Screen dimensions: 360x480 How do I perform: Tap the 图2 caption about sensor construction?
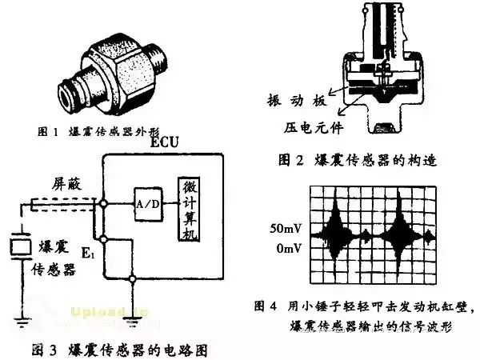347,158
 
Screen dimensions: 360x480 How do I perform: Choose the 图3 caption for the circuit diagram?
121,348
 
